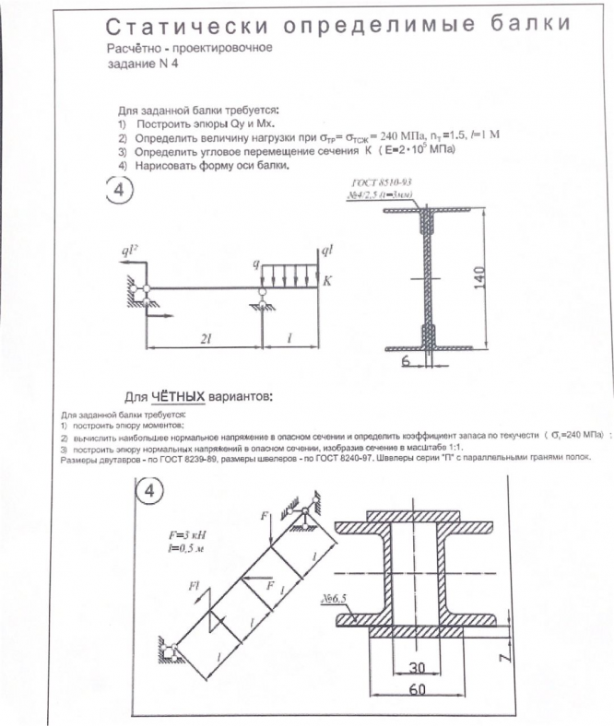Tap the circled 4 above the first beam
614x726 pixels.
tap(121, 191)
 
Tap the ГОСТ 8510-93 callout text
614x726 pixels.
tap(383, 181)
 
